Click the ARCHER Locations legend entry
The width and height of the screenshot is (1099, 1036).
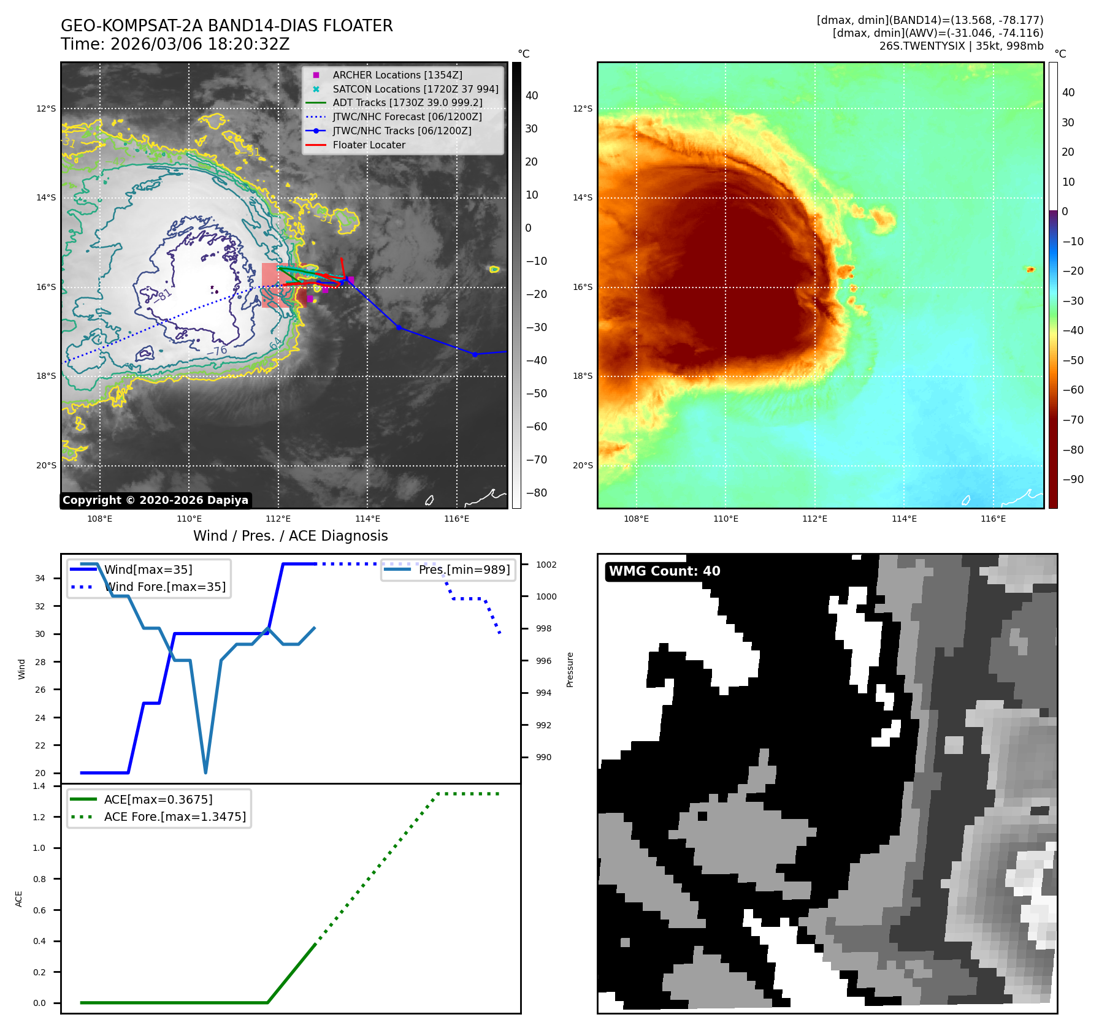pyautogui.click(x=397, y=75)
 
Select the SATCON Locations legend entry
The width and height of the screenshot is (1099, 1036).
pyautogui.click(x=415, y=89)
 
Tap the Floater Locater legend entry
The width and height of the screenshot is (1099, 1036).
pyautogui.click(x=369, y=145)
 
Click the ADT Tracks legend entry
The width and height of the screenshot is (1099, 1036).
pyautogui.click(x=407, y=102)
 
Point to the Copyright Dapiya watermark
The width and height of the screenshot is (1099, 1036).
pyautogui.click(x=155, y=500)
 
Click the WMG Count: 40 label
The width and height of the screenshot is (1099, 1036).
pyautogui.click(x=664, y=571)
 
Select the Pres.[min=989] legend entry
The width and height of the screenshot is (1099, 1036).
pyautogui.click(x=464, y=569)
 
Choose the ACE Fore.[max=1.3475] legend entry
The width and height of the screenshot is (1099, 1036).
pyautogui.click(x=175, y=817)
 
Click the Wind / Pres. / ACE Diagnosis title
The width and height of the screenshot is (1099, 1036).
pyautogui.click(x=290, y=536)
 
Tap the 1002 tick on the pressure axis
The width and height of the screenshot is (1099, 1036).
pyautogui.click(x=546, y=565)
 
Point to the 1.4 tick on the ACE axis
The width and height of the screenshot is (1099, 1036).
pyautogui.click(x=39, y=786)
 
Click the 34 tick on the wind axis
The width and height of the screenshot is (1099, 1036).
pyautogui.click(x=40, y=578)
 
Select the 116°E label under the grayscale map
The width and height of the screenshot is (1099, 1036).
pyautogui.click(x=456, y=519)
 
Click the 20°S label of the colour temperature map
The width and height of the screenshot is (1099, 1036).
pyautogui.click(x=583, y=465)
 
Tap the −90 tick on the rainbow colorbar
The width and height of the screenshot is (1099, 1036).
pyautogui.click(x=1073, y=479)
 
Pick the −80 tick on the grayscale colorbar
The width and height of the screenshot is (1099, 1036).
pyautogui.click(x=536, y=493)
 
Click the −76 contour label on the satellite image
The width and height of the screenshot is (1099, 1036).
pyautogui.click(x=217, y=351)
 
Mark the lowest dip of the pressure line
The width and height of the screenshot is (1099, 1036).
pyautogui.click(x=205, y=772)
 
